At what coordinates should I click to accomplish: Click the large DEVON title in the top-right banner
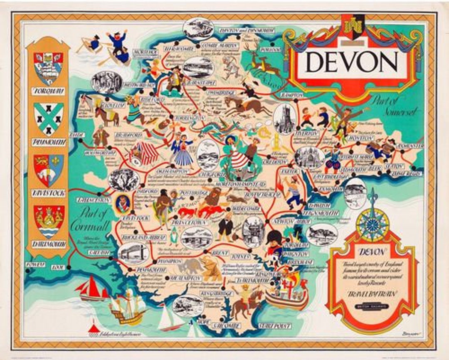coord(352,62)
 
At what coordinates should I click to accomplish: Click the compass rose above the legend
coord(372,225)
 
